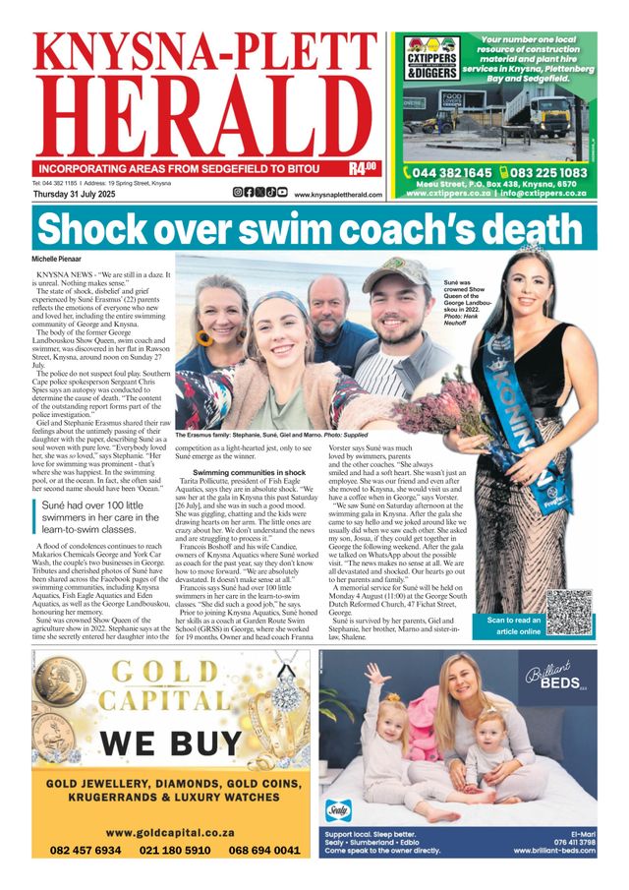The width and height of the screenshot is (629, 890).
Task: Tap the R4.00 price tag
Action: click(x=364, y=168)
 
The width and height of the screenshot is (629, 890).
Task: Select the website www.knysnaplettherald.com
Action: click(x=338, y=195)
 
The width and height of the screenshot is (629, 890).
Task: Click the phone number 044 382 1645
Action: click(x=451, y=173)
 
